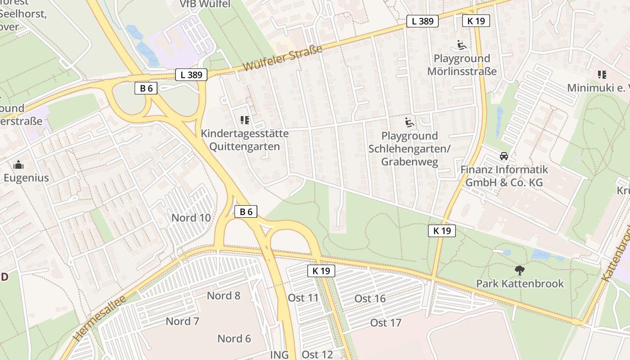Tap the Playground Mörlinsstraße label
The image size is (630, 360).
click(x=462, y=65)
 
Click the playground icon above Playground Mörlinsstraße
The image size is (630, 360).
click(x=462, y=45)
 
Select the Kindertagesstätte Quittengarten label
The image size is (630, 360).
click(x=244, y=140)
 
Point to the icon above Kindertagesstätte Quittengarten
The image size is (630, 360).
click(x=245, y=120)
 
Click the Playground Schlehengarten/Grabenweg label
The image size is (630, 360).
click(x=409, y=148)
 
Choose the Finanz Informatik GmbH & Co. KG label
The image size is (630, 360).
click(x=504, y=176)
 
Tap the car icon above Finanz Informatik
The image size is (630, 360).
click(x=504, y=156)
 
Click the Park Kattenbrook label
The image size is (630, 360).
click(x=520, y=284)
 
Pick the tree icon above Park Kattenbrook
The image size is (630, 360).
click(x=520, y=270)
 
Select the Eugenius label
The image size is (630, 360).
click(x=26, y=178)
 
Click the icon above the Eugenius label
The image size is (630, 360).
click(x=18, y=165)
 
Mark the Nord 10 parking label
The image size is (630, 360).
click(x=191, y=218)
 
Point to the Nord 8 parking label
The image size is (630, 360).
click(x=223, y=296)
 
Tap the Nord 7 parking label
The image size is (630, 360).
click(x=182, y=321)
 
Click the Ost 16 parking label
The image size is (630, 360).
click(x=370, y=298)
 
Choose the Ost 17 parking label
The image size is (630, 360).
click(x=386, y=323)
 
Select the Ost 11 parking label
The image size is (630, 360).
click(x=303, y=297)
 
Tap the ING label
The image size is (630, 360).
click(x=279, y=355)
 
